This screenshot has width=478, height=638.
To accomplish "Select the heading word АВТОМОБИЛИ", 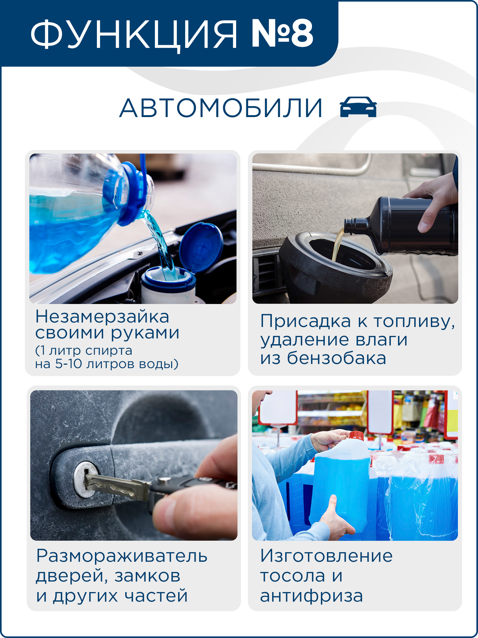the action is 221,108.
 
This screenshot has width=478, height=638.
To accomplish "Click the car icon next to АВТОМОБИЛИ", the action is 358,107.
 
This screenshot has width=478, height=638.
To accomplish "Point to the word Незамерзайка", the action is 102,316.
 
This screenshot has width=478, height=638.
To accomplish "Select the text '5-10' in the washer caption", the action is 69,364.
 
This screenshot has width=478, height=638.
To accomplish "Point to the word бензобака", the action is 337,358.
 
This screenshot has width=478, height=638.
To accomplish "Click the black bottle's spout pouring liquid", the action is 354,225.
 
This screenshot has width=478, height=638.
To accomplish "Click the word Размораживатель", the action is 122,556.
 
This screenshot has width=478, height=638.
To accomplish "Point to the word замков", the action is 147,576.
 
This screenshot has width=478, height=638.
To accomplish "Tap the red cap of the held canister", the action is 356,435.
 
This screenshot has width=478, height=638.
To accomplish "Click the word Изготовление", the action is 326,556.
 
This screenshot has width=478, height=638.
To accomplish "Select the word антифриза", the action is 311,596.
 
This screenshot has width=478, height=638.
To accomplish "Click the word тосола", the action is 293,576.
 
